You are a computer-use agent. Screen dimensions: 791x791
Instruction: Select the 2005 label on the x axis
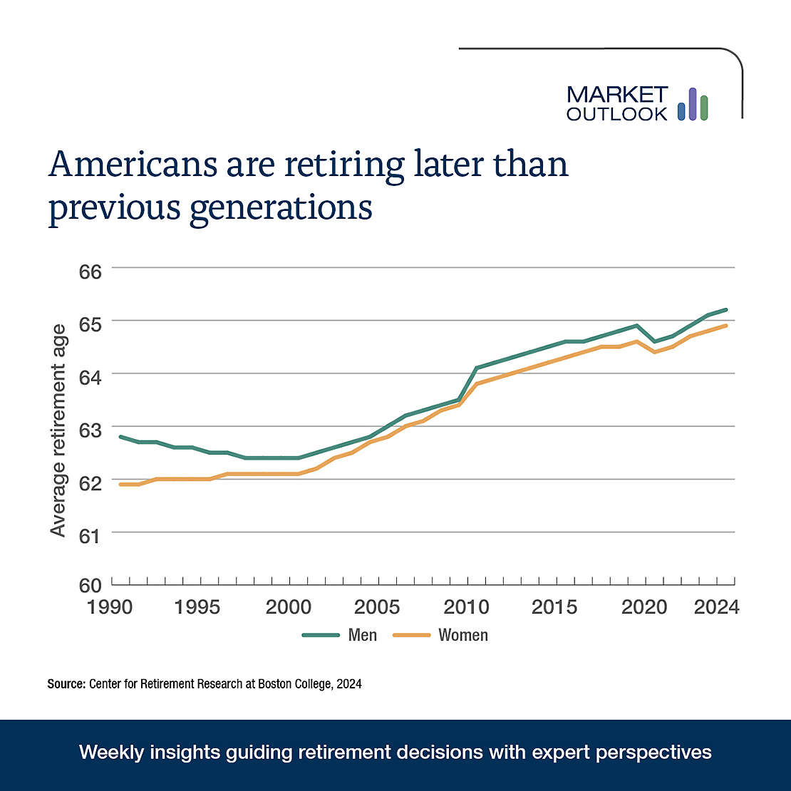click(x=378, y=608)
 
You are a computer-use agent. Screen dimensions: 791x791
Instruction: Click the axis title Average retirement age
click(x=58, y=430)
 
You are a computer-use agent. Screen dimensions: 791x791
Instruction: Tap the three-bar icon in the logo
click(x=692, y=104)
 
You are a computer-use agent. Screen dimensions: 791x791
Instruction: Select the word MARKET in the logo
click(x=617, y=95)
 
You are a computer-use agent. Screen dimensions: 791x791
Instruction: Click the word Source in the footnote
click(x=66, y=684)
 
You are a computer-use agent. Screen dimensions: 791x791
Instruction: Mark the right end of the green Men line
click(x=725, y=310)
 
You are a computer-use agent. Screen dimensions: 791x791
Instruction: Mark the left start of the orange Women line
click(x=120, y=485)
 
